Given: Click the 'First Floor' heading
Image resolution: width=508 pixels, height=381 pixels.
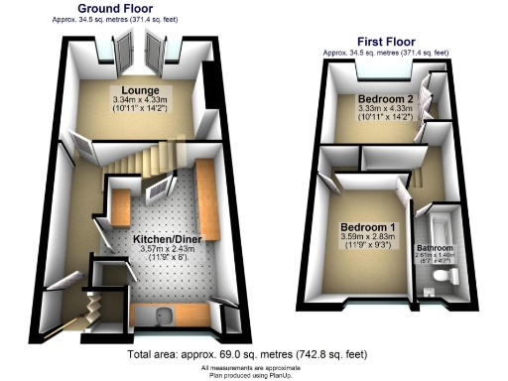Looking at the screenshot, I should (x=387, y=42).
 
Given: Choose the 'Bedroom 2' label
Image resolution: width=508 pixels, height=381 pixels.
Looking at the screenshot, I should (x=381, y=98).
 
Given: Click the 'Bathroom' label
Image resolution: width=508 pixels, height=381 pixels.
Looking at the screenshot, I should (x=435, y=247).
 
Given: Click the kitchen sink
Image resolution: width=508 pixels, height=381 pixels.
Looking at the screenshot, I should (x=163, y=317).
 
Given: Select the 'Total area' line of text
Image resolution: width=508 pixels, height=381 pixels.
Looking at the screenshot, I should (x=253, y=353).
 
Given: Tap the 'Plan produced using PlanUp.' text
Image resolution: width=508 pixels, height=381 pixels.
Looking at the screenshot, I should (x=255, y=374).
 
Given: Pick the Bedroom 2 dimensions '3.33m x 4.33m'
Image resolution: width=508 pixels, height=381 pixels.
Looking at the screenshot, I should (x=381, y=109).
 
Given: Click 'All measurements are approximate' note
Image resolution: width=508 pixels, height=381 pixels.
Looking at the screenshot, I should (x=255, y=365).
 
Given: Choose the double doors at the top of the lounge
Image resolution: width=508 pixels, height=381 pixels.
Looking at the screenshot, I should (x=138, y=47).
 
